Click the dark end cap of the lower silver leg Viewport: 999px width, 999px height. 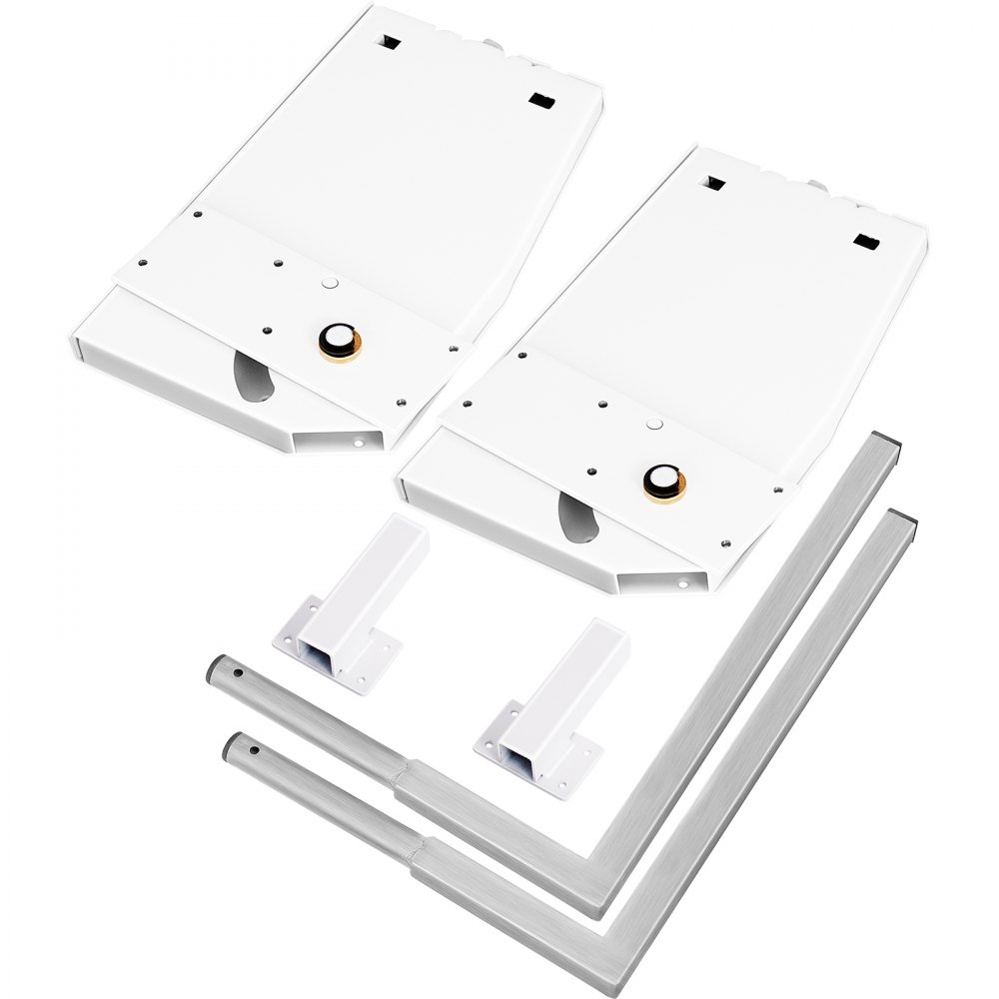point(905,518)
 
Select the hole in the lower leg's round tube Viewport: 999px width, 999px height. point(254,750)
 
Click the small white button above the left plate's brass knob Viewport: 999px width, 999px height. point(328,285)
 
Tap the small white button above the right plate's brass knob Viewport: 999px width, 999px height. point(654,425)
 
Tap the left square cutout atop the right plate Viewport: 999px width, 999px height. point(714,184)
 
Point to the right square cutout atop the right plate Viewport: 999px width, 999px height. point(865,242)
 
